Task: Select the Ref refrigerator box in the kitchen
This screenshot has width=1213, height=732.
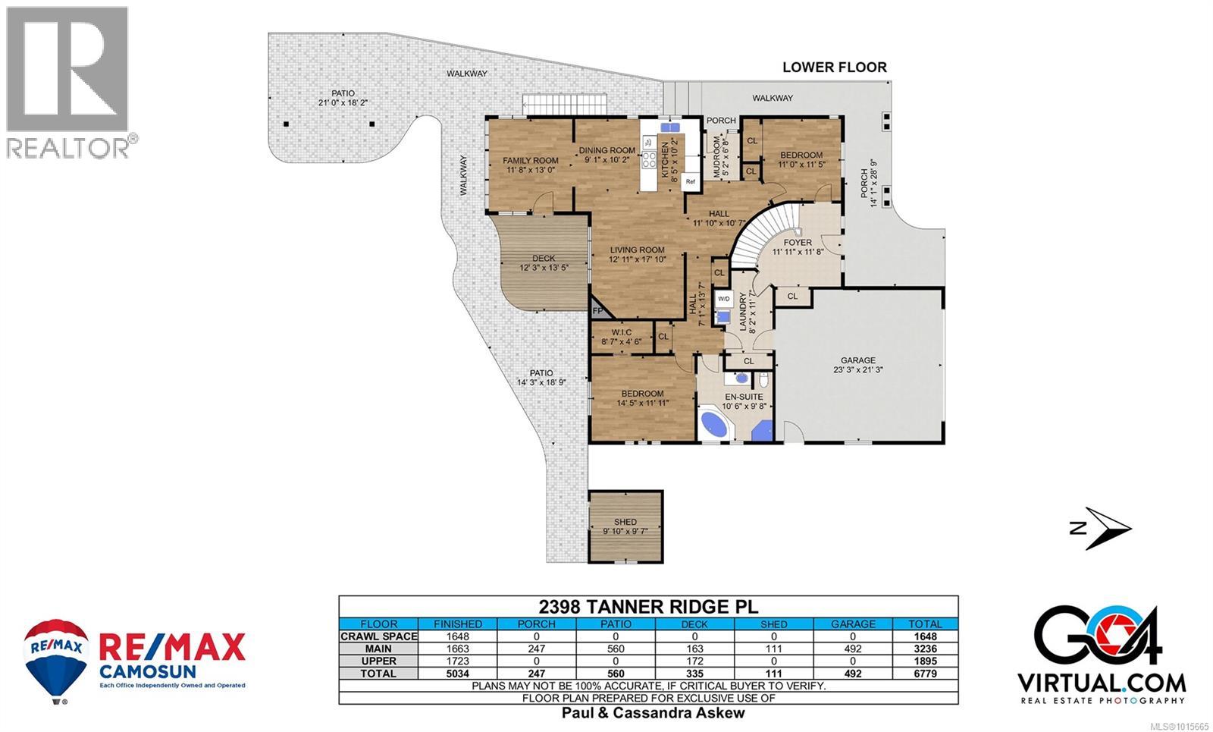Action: (x=690, y=181)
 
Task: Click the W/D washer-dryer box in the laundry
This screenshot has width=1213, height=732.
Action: (x=724, y=298)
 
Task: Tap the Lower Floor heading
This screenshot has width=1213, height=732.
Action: (x=834, y=68)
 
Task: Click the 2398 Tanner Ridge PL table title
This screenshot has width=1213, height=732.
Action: (x=647, y=607)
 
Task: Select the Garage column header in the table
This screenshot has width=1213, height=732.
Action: (x=853, y=624)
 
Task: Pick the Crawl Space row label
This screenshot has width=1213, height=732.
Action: (x=378, y=636)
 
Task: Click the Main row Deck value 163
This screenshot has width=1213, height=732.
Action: (x=694, y=649)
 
